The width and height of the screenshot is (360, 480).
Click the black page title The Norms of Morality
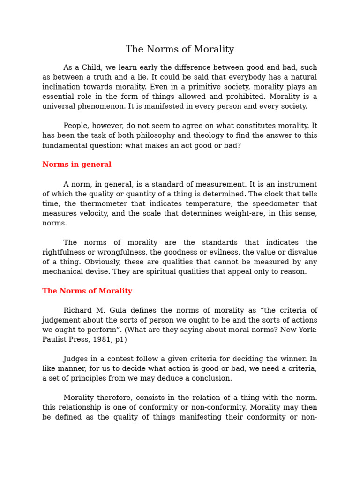coord(180,49)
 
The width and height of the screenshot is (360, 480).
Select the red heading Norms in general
coord(77,165)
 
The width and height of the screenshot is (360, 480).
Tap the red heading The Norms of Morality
coord(87,291)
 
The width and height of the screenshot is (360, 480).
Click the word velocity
coord(90,213)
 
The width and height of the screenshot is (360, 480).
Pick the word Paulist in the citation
coord(55,339)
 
